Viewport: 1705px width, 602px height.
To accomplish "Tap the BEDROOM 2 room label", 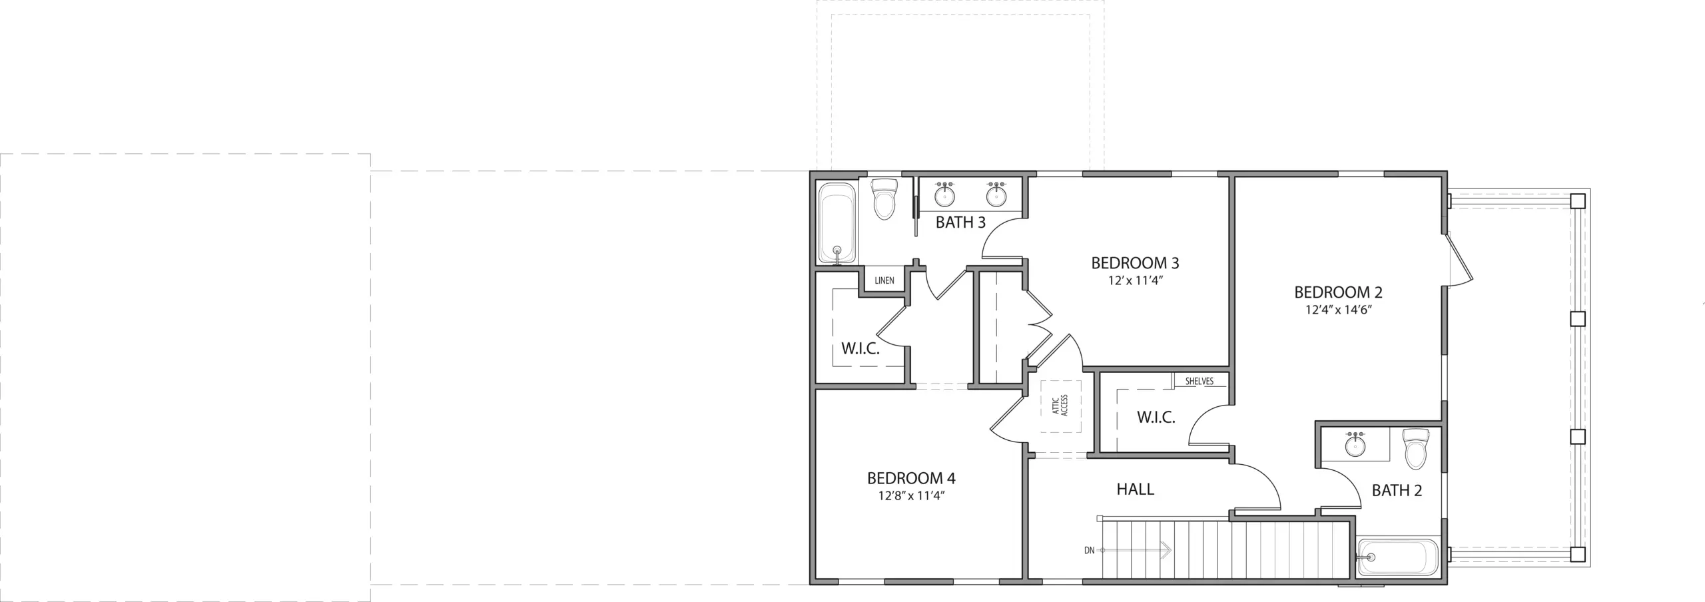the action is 1338,292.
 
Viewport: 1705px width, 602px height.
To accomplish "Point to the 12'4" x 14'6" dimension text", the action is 1338,310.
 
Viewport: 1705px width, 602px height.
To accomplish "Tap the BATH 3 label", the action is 960,222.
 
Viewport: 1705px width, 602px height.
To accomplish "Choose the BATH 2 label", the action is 1397,491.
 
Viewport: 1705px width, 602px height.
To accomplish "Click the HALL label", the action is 1135,489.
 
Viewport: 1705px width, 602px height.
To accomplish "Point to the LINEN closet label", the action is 884,280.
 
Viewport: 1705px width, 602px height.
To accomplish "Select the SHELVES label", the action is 1199,382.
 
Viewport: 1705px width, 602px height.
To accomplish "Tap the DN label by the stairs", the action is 1089,550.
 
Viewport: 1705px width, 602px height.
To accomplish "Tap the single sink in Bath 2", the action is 1354,444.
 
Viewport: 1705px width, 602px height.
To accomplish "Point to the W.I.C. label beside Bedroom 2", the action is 1156,418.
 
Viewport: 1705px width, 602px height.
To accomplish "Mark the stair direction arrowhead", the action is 1166,550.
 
